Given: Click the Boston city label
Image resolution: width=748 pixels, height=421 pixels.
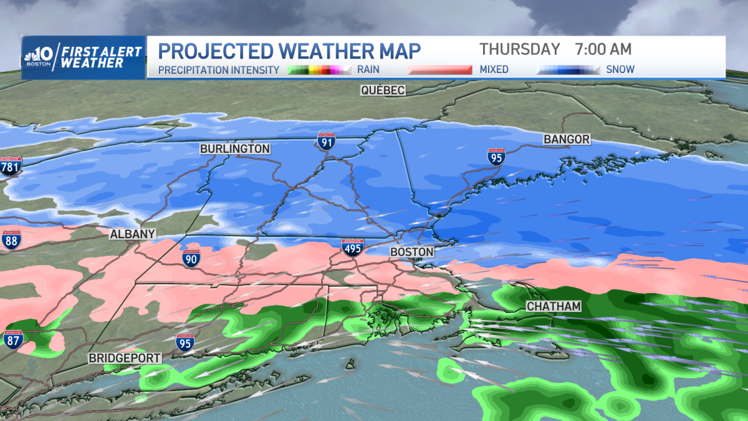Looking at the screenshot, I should [411, 252].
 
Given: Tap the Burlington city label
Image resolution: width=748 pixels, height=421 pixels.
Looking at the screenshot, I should [235, 149].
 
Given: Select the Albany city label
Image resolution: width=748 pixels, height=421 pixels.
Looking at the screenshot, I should [132, 234].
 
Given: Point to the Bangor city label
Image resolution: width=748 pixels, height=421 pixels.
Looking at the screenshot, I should [567, 139].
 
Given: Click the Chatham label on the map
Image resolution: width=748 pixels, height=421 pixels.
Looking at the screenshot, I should [554, 306].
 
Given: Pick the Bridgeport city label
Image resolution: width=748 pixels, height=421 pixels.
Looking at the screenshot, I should [125, 358].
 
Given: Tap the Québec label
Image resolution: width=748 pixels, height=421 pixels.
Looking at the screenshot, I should [383, 90].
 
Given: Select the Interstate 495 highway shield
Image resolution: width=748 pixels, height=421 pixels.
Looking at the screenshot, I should [351, 248].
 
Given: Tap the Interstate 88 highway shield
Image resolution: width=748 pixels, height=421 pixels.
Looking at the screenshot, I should [11, 239].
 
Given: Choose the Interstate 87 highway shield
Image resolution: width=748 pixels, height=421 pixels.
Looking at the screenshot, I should [12, 339].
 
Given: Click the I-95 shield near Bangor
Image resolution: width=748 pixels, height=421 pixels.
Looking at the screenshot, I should [496, 157].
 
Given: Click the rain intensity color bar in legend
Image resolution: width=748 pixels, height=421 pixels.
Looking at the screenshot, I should [320, 70].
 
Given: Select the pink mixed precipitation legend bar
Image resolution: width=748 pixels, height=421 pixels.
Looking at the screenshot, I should [439, 70].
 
